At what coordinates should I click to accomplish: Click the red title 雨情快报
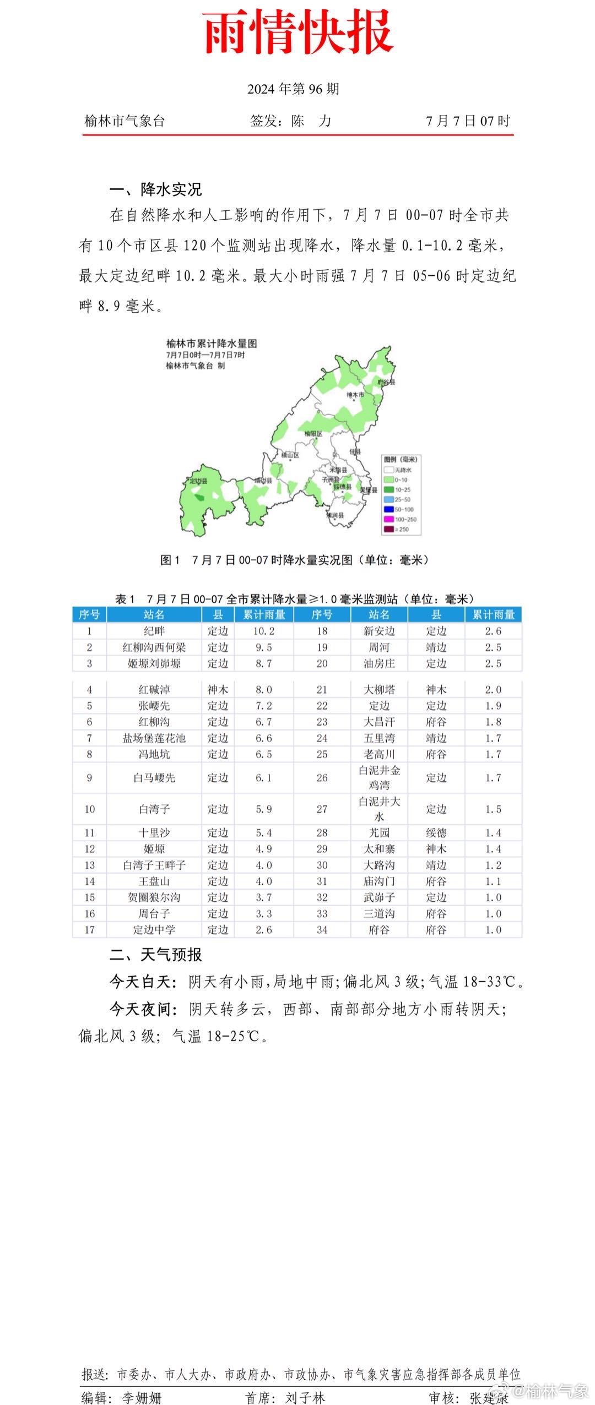click(x=298, y=32)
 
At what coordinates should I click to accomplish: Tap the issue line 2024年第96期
click(x=293, y=89)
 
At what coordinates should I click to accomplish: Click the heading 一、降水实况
click(x=156, y=189)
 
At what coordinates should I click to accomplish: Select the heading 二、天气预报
click(x=156, y=955)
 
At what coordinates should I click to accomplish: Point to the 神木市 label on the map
click(x=355, y=395)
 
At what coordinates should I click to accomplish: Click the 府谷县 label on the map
click(x=387, y=382)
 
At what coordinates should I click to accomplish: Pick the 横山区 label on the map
click(x=290, y=455)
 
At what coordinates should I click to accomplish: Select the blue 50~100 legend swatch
click(x=388, y=510)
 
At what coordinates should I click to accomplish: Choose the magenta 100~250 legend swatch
click(x=388, y=520)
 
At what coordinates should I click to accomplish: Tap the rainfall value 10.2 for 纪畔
click(x=264, y=631)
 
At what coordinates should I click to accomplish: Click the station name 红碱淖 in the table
click(x=154, y=690)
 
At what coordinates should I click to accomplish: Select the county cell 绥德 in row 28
click(x=436, y=833)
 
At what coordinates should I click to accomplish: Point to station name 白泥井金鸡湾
click(x=379, y=777)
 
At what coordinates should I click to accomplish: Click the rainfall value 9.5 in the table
click(x=264, y=647)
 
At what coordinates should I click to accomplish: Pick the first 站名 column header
click(x=154, y=615)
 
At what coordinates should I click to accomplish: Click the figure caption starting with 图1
click(x=294, y=560)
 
